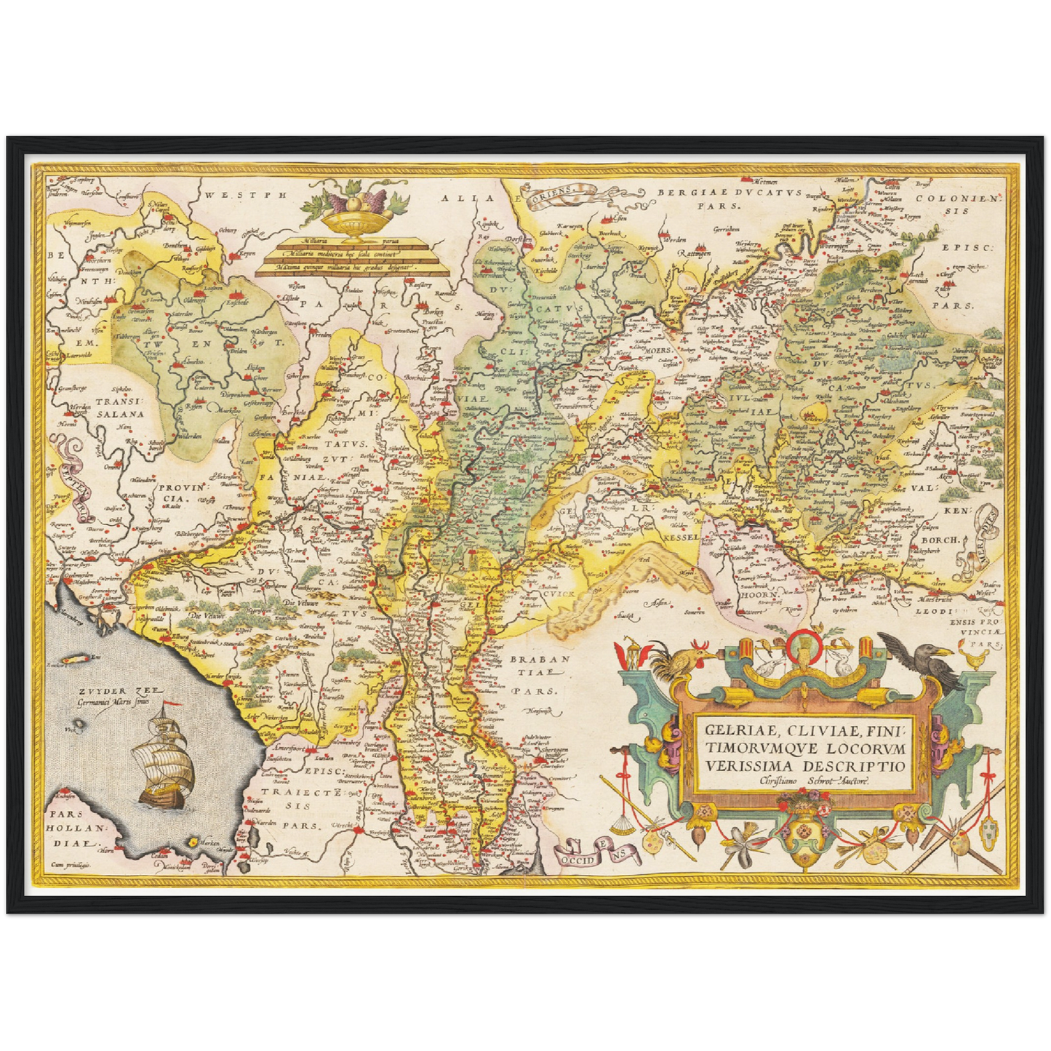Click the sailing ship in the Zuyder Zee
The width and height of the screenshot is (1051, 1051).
coord(164,764)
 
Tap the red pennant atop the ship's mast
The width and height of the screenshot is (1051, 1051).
coord(169,703)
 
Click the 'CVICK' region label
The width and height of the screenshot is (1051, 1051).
coord(558,594)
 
